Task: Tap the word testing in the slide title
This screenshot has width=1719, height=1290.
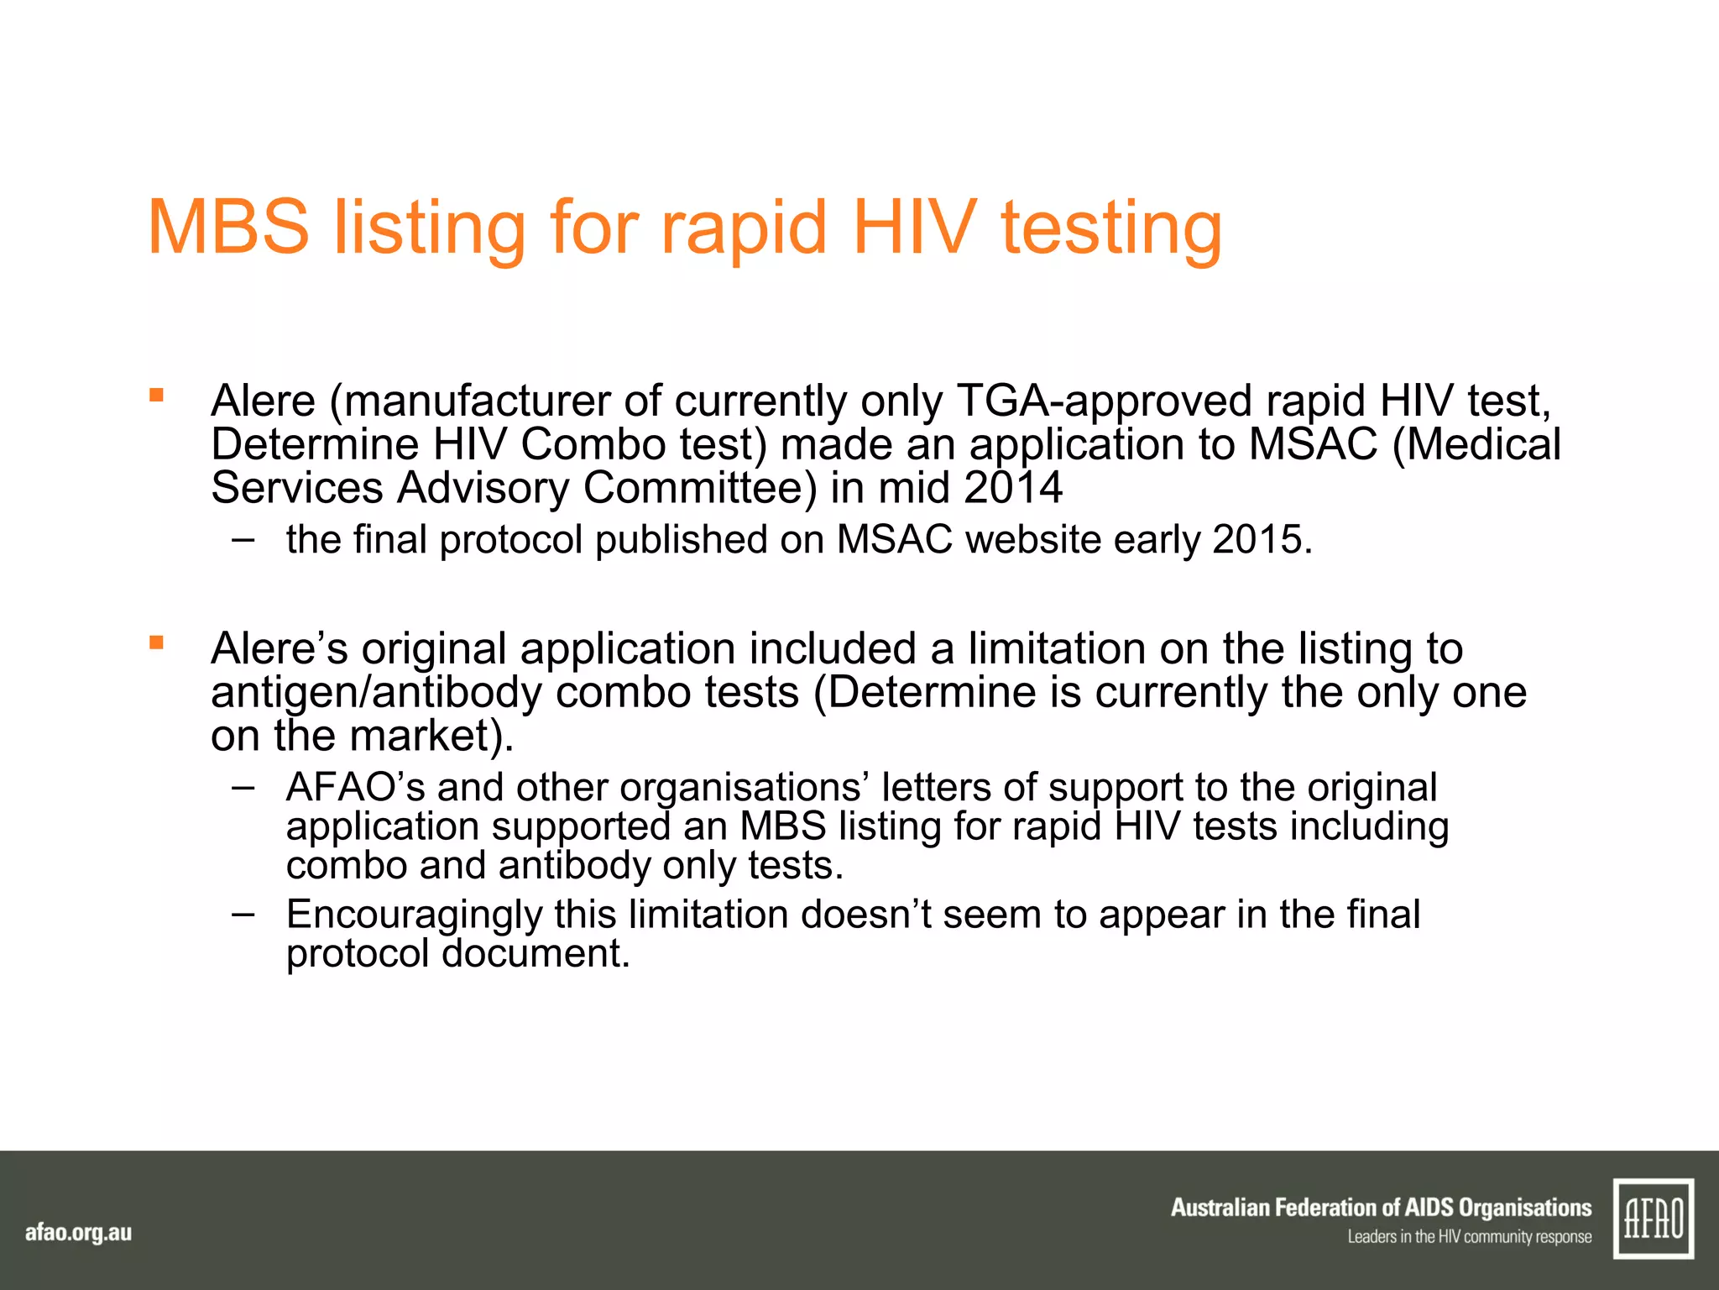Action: pos(1111,228)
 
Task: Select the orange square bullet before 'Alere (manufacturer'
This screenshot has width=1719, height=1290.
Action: pos(156,395)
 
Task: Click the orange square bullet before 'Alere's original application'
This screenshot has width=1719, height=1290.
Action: pos(156,643)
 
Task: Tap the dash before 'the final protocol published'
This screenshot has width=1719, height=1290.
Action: pos(243,538)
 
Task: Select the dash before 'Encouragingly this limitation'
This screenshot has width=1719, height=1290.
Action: pos(243,913)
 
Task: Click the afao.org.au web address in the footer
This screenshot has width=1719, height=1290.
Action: pos(78,1233)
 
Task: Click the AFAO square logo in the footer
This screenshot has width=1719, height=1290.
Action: pos(1653,1219)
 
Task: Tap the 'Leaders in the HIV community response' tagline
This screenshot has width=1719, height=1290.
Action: pos(1469,1236)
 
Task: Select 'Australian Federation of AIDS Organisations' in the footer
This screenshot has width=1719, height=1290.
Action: pos(1381,1208)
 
